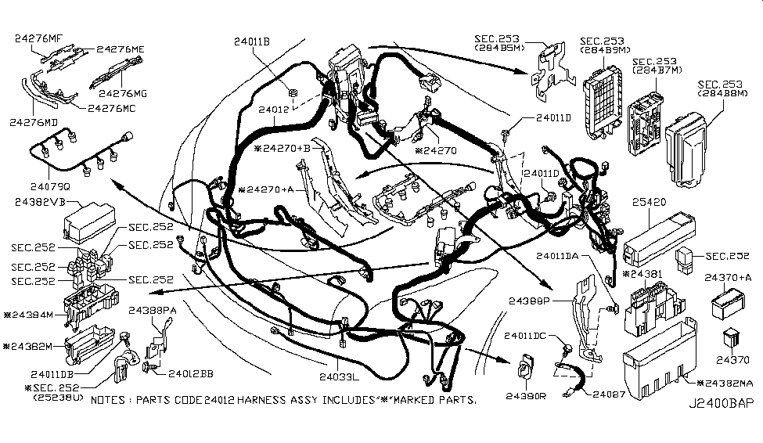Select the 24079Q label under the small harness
[49, 188]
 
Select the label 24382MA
[726, 383]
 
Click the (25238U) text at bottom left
[56, 398]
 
